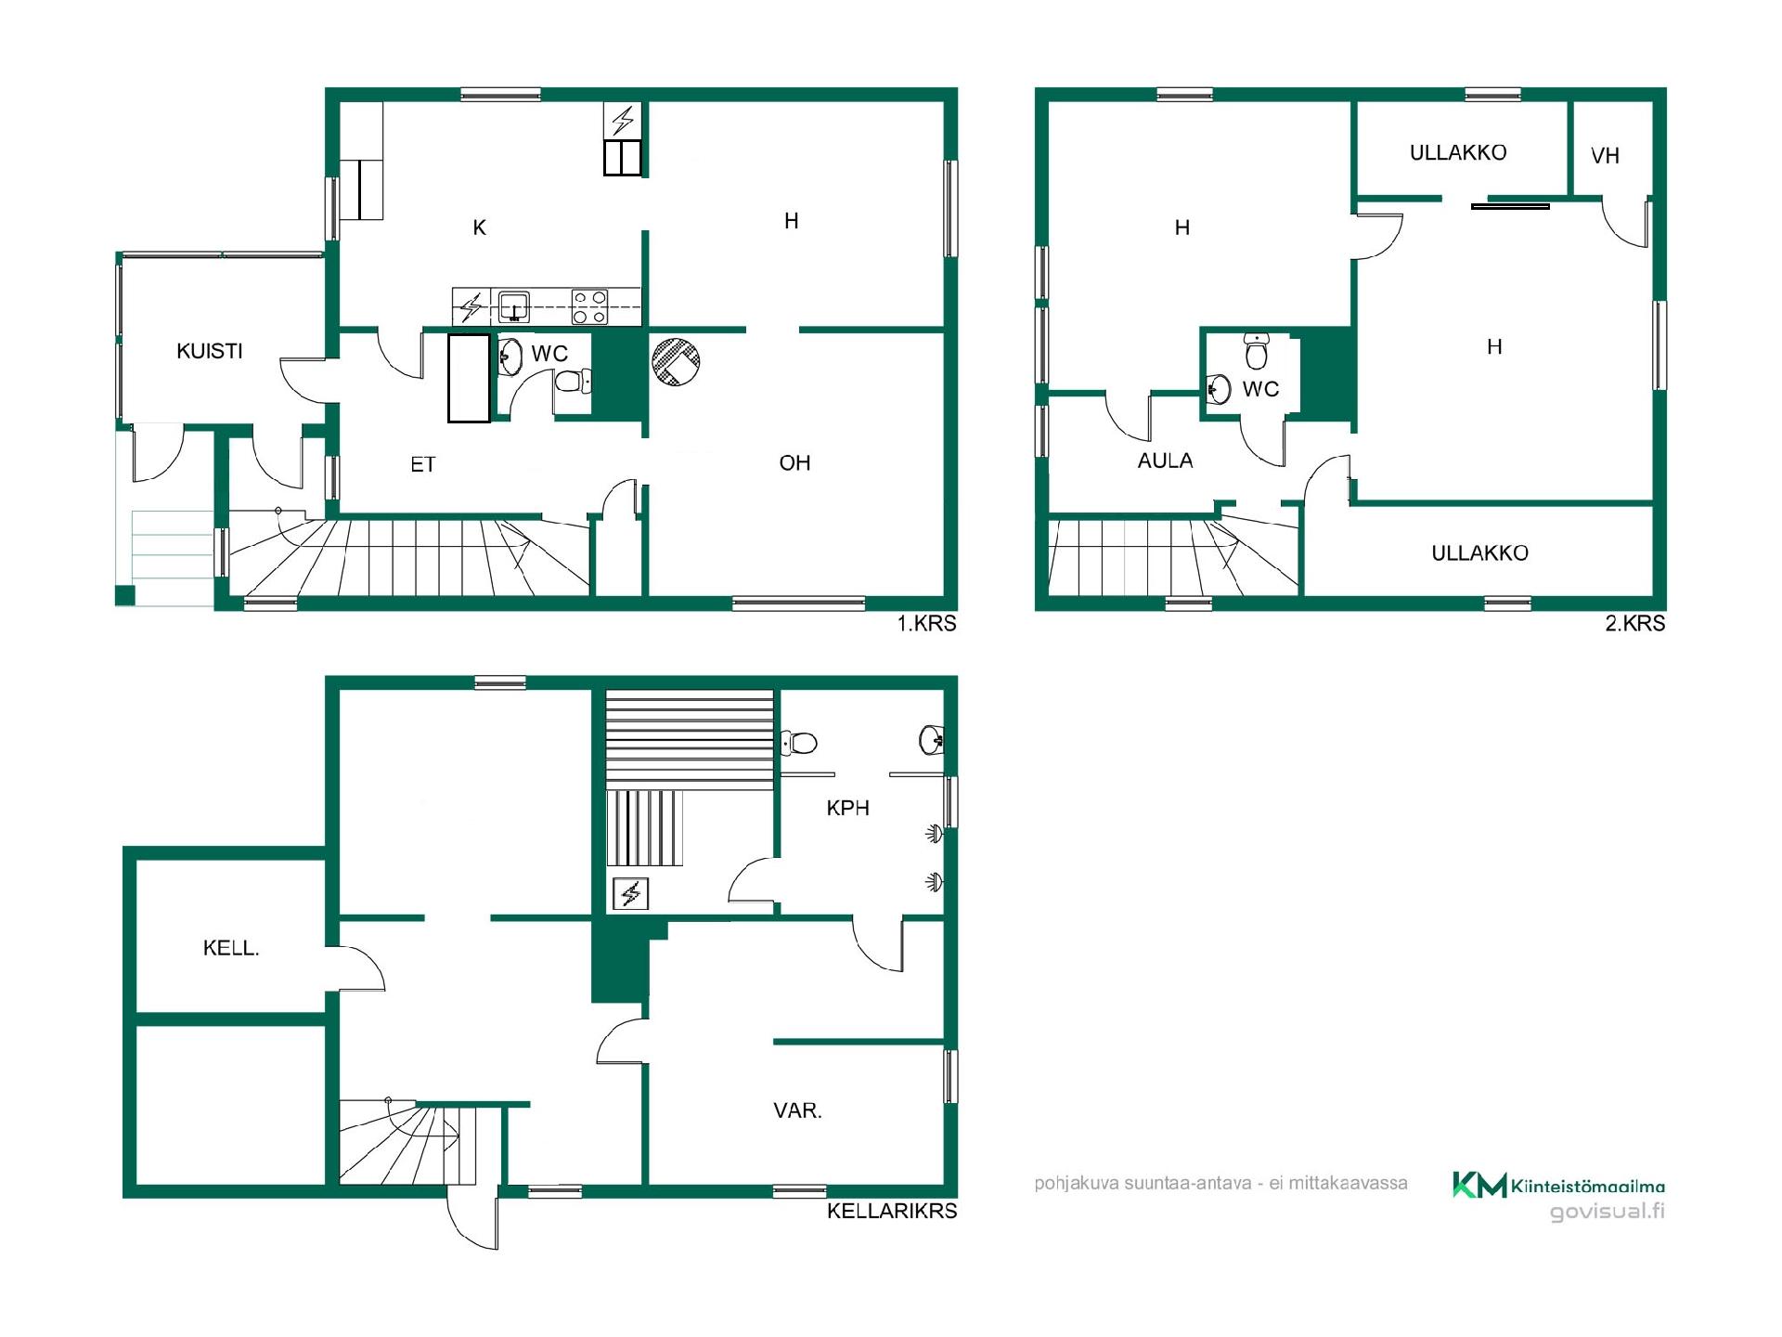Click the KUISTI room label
210,351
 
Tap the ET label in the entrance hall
423,464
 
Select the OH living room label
794,462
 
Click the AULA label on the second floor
1165,461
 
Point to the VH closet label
1605,156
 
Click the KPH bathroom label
847,808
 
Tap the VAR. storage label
797,1110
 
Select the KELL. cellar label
231,948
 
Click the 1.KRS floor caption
926,624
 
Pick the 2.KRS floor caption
1635,624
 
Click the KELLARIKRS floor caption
892,1211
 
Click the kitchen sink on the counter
513,305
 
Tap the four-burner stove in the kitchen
589,306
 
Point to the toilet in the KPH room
798,743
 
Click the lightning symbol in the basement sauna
630,894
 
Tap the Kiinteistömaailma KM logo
1479,1185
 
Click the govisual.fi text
1608,1211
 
